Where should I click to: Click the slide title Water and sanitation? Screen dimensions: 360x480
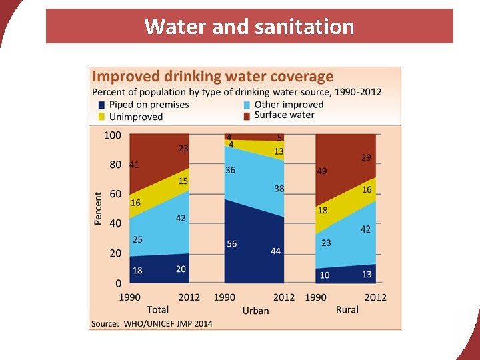pos(249,27)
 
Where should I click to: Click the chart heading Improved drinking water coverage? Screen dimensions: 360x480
pos(212,77)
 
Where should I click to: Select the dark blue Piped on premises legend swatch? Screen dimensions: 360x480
pos(101,105)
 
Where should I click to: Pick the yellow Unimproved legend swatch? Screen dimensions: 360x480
pos(101,117)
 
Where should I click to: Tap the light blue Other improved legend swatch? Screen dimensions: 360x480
pos(247,105)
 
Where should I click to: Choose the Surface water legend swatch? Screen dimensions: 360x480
pos(247,115)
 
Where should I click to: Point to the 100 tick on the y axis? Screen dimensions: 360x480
pos(113,135)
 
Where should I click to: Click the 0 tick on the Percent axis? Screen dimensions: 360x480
pos(117,283)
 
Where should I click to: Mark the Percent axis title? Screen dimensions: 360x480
pos(98,208)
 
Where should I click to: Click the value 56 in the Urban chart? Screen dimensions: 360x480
pos(232,244)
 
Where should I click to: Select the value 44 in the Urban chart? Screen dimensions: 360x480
pos(275,251)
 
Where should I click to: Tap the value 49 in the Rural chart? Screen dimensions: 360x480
pos(321,171)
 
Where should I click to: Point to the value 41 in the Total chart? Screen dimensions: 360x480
pos(133,165)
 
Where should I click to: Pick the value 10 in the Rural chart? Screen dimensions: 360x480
pos(325,275)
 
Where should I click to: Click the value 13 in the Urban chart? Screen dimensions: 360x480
pos(279,151)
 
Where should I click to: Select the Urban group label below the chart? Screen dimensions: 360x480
pos(255,310)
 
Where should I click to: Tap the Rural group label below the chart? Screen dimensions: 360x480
pos(347,309)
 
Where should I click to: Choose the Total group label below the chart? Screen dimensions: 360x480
pos(158,309)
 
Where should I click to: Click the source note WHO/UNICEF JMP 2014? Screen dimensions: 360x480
pos(151,323)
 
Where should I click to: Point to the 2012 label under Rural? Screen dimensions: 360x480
pos(375,297)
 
